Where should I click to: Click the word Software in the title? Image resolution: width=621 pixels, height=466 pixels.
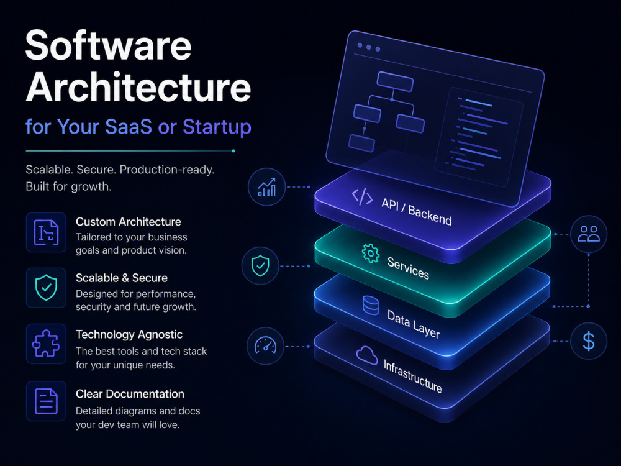tap(109, 45)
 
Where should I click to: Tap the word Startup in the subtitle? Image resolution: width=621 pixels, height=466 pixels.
tap(217, 127)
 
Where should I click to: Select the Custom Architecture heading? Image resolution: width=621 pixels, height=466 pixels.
tap(129, 222)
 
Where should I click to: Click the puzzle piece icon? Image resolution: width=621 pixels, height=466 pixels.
tap(46, 344)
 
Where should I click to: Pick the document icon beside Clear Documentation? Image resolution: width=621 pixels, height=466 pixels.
tap(46, 401)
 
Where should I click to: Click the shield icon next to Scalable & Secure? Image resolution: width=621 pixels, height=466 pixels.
tap(46, 287)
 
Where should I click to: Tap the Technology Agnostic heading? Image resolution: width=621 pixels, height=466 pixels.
tap(129, 334)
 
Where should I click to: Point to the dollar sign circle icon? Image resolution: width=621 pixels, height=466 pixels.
tap(589, 341)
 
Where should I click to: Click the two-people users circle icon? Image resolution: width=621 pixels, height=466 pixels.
tap(589, 234)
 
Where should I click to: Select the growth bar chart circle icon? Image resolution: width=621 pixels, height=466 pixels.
tap(266, 187)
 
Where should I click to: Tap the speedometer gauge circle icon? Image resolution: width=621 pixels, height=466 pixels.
tap(265, 346)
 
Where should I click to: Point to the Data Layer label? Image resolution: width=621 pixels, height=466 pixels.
tap(413, 324)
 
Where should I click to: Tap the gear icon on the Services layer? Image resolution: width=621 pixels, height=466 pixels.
tap(370, 254)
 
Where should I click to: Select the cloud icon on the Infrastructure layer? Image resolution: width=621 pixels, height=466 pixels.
tap(367, 355)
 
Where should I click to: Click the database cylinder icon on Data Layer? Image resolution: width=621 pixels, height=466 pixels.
tap(371, 306)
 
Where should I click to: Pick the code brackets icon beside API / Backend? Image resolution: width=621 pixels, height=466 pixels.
tap(362, 197)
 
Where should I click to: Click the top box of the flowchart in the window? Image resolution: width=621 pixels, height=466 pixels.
tap(395, 81)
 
